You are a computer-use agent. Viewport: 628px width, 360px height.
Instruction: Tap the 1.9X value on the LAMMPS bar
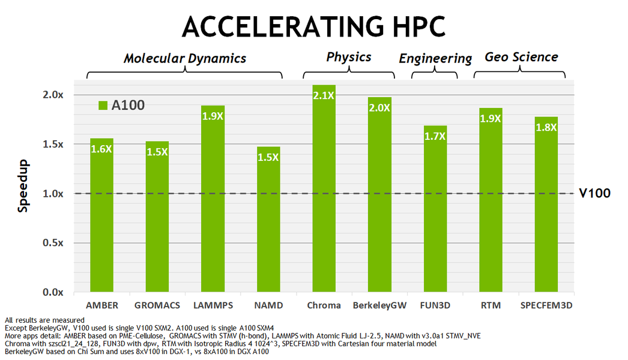coord(213,117)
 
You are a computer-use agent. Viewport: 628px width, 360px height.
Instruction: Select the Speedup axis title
coord(23,187)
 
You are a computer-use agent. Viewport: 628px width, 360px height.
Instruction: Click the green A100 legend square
coord(102,106)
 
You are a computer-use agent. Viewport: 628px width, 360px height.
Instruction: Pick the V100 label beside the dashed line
coord(594,193)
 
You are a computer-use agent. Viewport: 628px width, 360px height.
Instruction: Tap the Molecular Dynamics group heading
coord(185,58)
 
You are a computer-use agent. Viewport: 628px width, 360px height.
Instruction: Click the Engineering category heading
coord(435,59)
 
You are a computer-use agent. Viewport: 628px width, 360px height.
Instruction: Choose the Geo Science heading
coord(521,57)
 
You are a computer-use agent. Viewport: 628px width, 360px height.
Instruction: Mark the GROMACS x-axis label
coord(157,305)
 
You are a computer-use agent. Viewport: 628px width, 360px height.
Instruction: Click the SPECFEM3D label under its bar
coord(546,305)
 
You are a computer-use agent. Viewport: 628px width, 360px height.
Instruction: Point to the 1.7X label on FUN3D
coord(435,136)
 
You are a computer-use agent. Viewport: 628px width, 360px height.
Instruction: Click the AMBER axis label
coord(102,305)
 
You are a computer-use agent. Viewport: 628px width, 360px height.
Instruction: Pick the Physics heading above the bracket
coord(349,57)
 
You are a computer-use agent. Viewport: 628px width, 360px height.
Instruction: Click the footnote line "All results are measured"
coord(44,320)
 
